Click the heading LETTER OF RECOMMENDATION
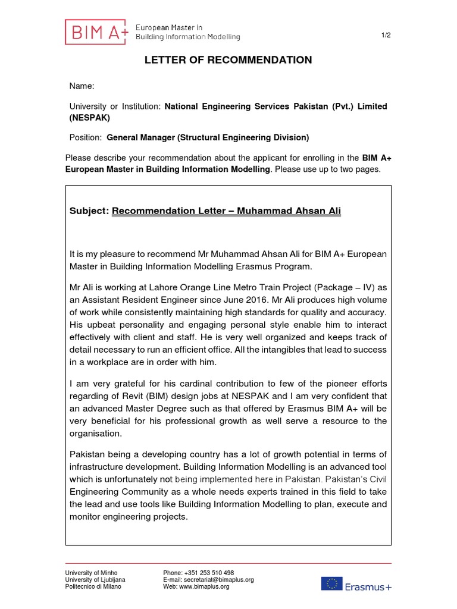(x=228, y=60)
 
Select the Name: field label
(x=82, y=86)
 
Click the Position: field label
(x=86, y=137)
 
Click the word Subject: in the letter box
(x=89, y=211)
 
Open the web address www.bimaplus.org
(x=204, y=587)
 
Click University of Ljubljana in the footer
(x=95, y=580)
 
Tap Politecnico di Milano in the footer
(x=93, y=587)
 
